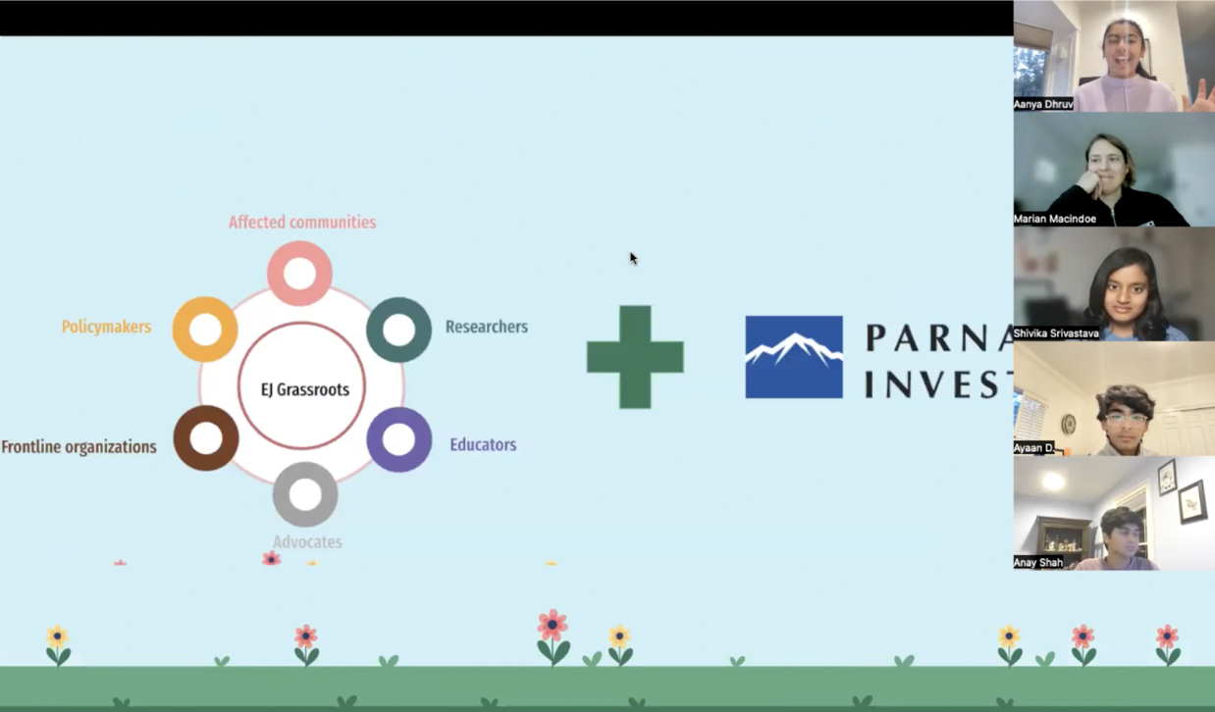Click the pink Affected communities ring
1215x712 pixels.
(299, 273)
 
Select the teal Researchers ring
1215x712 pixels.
(398, 330)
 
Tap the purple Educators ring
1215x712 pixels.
(398, 439)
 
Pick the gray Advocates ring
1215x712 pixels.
(305, 494)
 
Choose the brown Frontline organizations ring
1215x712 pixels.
(206, 437)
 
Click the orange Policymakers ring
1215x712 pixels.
(205, 330)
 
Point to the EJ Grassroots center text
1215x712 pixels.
(304, 389)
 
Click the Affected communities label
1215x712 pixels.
(302, 223)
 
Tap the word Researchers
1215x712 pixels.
(486, 327)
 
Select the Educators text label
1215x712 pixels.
(483, 445)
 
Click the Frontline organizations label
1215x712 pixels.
(79, 447)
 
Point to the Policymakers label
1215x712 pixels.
(106, 327)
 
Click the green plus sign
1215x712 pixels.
(635, 357)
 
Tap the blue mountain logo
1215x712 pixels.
(793, 357)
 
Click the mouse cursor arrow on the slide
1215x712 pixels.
(633, 259)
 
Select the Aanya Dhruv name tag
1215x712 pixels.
(1043, 104)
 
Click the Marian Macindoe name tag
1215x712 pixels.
(1055, 219)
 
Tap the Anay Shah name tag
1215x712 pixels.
(1038, 562)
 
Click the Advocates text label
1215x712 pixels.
(307, 542)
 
